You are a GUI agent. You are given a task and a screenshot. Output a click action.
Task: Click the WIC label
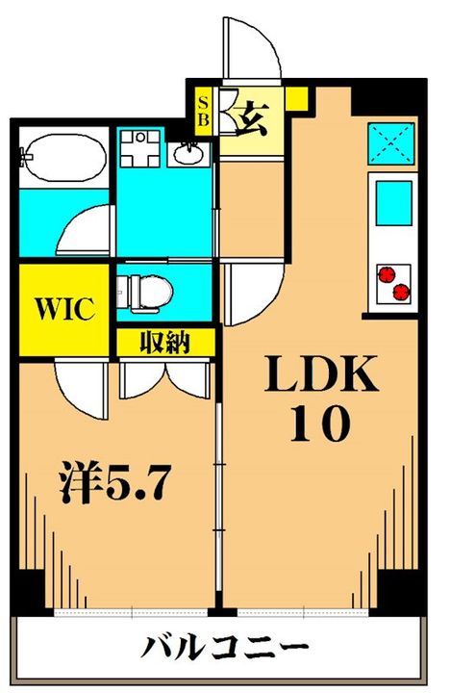pos(64,309)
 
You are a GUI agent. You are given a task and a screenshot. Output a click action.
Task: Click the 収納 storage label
pos(165,342)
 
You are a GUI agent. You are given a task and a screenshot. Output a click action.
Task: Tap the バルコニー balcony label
pos(226,647)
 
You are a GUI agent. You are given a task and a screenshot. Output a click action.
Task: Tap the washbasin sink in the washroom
pos(188,152)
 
